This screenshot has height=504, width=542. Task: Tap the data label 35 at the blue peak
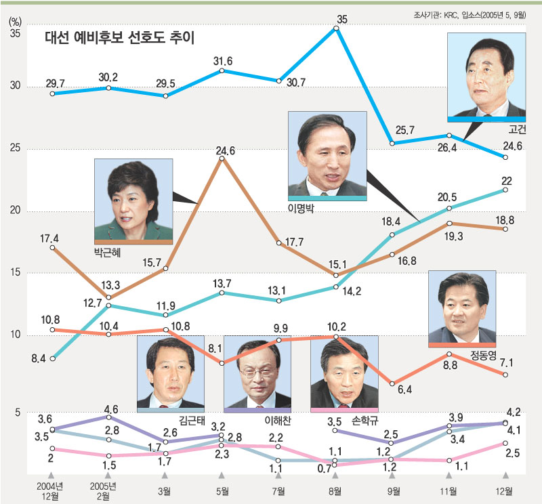343,20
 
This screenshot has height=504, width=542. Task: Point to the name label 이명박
302,207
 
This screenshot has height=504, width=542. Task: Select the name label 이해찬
277,420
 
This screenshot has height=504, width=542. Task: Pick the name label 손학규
364,420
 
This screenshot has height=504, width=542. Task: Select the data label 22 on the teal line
505,180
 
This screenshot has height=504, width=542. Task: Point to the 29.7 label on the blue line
56,83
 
